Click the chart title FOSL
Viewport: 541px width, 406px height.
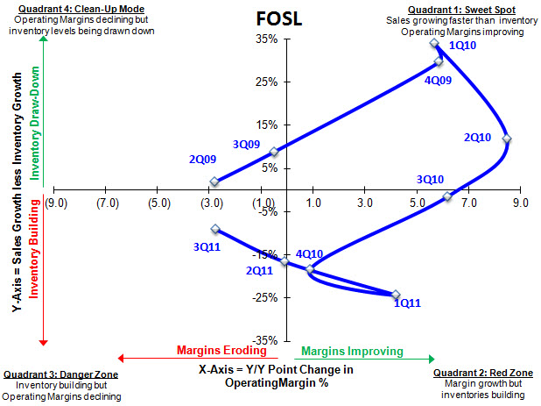(x=278, y=18)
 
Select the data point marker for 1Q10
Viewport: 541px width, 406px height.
(x=435, y=43)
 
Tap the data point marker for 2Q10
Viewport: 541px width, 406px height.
(x=506, y=139)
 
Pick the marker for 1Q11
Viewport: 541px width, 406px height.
(x=396, y=295)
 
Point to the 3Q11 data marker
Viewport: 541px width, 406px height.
(x=215, y=229)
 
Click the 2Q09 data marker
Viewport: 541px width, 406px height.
(x=214, y=182)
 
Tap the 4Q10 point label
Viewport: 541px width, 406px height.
(x=309, y=254)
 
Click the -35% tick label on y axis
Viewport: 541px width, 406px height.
(x=264, y=340)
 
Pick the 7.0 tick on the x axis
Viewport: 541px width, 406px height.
(x=468, y=203)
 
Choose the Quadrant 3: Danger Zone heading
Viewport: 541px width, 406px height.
(x=60, y=374)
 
